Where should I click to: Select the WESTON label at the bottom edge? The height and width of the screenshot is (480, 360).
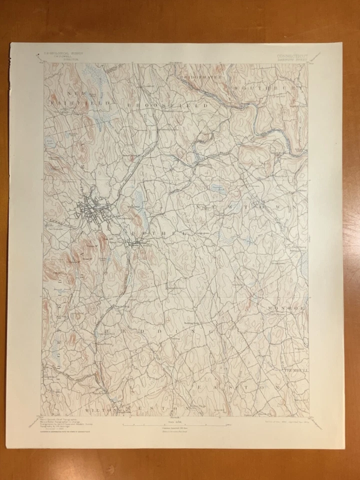(145, 408)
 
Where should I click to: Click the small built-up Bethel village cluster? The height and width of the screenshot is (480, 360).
(135, 243)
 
